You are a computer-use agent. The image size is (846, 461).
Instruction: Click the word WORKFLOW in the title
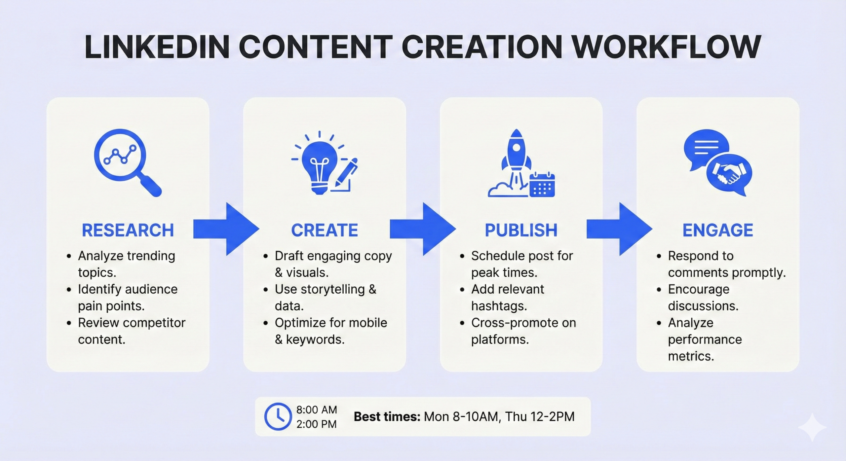click(x=666, y=47)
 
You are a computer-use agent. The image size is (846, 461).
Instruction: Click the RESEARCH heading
click(x=128, y=230)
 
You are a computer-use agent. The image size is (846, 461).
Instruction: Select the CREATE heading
click(x=325, y=230)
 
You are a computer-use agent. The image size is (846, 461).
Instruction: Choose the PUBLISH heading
click(x=521, y=230)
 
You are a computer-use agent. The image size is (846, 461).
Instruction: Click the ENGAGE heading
click(x=718, y=230)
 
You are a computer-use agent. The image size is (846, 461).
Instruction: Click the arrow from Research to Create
click(x=226, y=229)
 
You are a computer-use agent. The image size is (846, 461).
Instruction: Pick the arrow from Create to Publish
click(x=423, y=229)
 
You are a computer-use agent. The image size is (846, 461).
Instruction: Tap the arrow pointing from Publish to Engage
click(x=619, y=229)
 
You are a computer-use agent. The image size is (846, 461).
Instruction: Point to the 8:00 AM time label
click(x=316, y=410)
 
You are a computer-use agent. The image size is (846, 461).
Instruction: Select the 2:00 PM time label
click(x=316, y=424)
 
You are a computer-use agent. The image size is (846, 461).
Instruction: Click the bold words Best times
click(x=387, y=417)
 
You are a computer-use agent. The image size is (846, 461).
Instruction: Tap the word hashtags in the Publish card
click(x=499, y=306)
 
